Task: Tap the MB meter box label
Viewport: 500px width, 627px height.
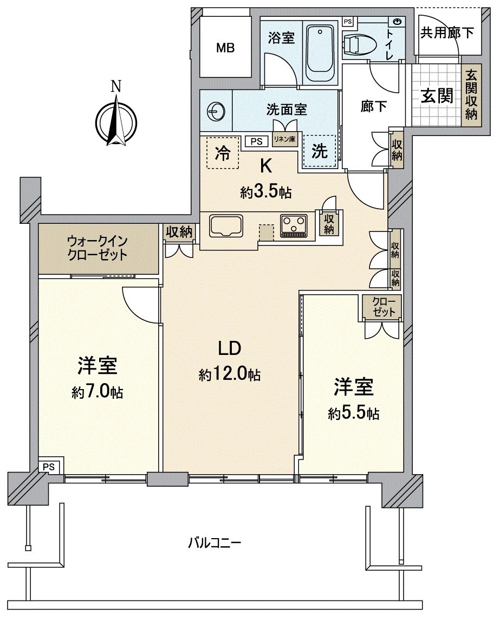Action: point(225,48)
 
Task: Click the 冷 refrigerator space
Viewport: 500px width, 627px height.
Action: point(222,153)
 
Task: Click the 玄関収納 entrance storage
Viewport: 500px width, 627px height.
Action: point(471,95)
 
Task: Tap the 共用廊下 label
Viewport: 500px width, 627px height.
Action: point(447,33)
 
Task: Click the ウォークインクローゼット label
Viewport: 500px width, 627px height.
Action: point(98,247)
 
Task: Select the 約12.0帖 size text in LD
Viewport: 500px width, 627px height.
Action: point(230,374)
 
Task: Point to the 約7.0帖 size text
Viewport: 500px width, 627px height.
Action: point(98,392)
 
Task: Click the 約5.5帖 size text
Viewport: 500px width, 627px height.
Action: point(353,413)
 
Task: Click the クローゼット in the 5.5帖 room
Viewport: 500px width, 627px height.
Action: point(383,307)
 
